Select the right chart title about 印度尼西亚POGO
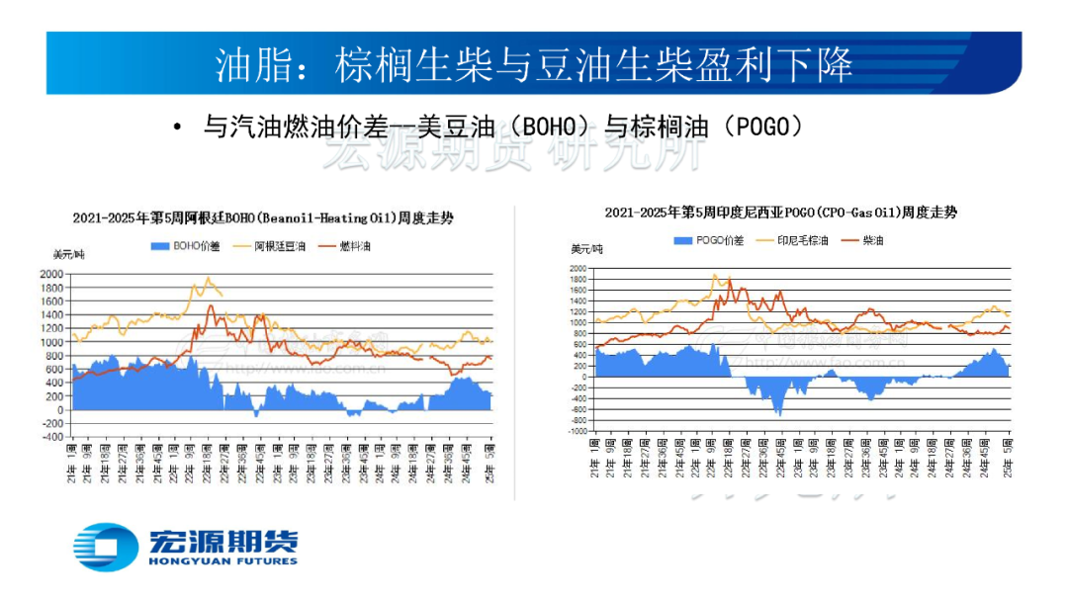tap(780, 212)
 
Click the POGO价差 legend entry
tap(709, 240)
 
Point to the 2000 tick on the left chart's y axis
tap(50, 274)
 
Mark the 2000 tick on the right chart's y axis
tap(577, 268)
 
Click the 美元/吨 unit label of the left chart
tap(68, 255)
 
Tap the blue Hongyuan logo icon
tap(106, 547)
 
